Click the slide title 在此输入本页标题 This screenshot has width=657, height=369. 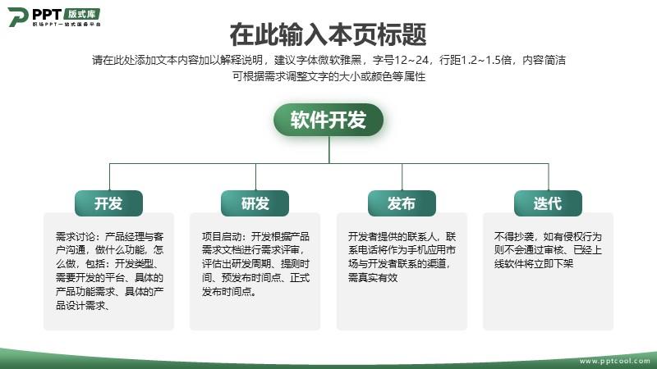coord(328,34)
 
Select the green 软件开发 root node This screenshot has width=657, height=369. coord(328,120)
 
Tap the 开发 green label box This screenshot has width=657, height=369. coord(108,203)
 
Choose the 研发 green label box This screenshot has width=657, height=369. coord(255,203)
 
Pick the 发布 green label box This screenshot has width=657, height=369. coord(402,203)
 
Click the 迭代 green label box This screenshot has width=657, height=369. coord(548,203)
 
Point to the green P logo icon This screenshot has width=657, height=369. coord(17,16)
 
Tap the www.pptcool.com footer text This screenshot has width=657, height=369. coord(614,361)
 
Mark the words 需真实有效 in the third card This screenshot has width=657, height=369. coord(373,277)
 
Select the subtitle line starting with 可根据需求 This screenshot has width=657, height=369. coord(329,76)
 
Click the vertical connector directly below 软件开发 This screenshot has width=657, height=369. coord(329,150)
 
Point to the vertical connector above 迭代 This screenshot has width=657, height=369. coord(549,177)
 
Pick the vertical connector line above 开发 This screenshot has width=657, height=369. coord(110,177)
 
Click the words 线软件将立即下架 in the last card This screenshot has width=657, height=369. coord(534,263)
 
